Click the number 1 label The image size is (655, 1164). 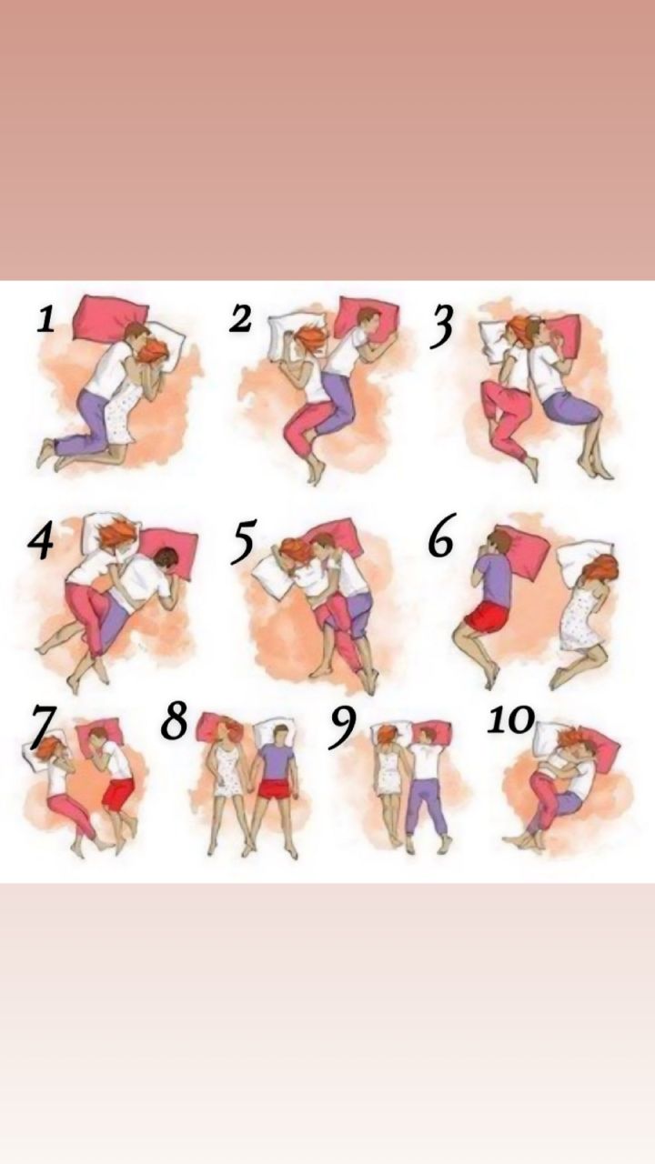click(x=45, y=320)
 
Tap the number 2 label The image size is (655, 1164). click(x=240, y=318)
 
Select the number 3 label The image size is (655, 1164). click(x=441, y=326)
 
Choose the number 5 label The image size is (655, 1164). click(x=243, y=543)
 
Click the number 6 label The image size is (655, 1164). click(x=442, y=536)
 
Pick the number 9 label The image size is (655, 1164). click(x=342, y=728)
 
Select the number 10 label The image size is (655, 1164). click(x=510, y=720)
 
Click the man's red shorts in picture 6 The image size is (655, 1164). click(x=486, y=617)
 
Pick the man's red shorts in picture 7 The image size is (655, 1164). click(x=118, y=794)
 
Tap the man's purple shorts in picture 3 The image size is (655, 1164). click(x=572, y=408)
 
